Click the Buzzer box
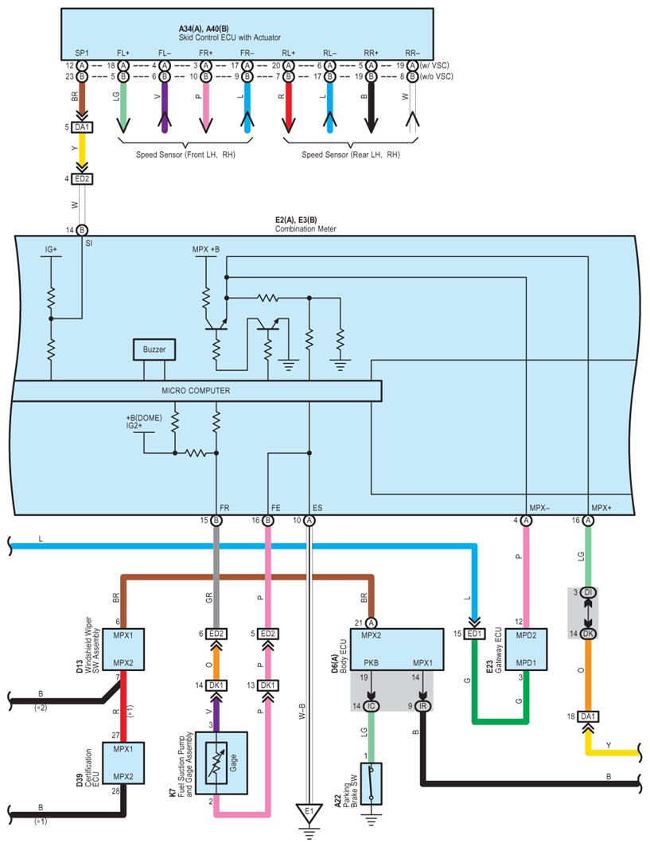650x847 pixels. click(x=154, y=349)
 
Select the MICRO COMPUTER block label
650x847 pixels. click(x=196, y=391)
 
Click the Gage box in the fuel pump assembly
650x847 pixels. click(x=224, y=759)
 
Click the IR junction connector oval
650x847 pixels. click(x=422, y=706)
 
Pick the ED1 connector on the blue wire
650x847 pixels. click(x=475, y=634)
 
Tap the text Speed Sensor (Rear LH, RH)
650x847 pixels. click(x=350, y=154)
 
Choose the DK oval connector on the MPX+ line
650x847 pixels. click(x=587, y=634)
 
